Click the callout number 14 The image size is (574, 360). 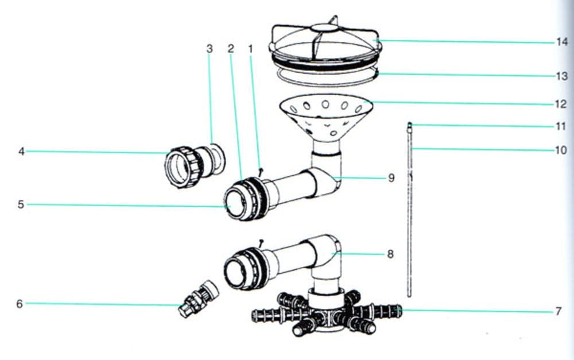561,42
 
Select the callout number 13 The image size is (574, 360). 561,76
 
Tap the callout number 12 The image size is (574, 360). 561,104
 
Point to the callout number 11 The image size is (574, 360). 561,126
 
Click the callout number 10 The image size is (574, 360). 561,150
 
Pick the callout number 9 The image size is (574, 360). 391,178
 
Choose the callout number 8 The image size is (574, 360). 390,254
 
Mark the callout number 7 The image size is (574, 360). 559,312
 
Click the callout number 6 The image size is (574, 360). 20,304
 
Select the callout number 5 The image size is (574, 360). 21,204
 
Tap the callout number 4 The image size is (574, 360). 21,152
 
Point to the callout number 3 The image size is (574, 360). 210,49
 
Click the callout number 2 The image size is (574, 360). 231,49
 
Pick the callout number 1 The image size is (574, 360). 251,49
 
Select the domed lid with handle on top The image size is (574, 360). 324,43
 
